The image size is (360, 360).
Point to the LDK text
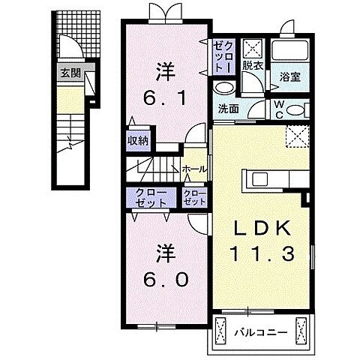point(262,229)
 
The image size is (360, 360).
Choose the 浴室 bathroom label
point(289,76)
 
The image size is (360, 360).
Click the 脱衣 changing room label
point(251,66)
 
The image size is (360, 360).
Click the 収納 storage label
point(136,139)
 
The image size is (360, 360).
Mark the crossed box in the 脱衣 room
point(251,49)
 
